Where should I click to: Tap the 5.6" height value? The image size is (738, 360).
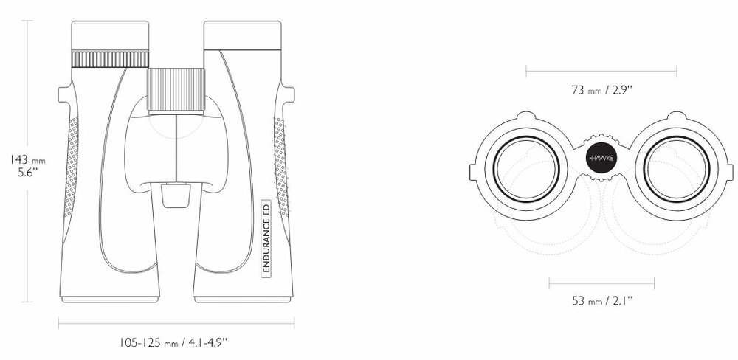tap(28, 172)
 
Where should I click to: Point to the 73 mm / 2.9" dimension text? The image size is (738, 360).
tap(601, 90)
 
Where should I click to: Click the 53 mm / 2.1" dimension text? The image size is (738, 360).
tap(602, 300)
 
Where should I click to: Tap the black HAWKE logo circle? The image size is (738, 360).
tap(601, 158)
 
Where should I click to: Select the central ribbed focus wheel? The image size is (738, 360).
tap(176, 91)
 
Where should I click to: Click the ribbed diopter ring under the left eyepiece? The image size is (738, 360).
tap(110, 59)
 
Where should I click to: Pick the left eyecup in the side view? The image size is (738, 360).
tap(110, 35)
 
